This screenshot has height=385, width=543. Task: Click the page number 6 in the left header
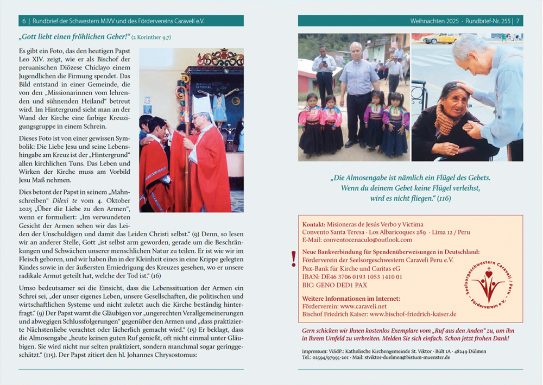pyautogui.click(x=24, y=21)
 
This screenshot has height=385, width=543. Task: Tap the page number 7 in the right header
pyautogui.click(x=518, y=21)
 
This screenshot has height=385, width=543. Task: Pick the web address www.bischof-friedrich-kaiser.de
pyautogui.click(x=412, y=314)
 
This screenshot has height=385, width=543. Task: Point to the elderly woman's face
pyautogui.click(x=452, y=96)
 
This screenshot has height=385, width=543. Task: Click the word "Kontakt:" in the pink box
pyautogui.click(x=313, y=224)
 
